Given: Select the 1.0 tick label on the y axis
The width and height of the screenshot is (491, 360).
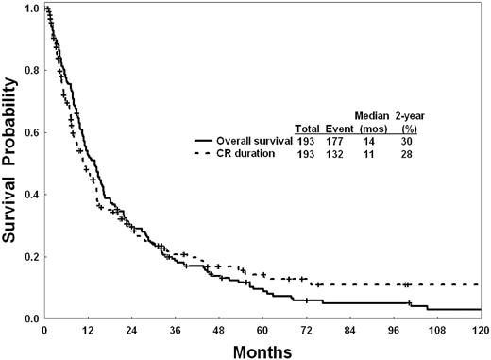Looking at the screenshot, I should click(32, 9).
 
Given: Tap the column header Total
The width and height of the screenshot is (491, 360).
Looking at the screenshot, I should click(307, 129).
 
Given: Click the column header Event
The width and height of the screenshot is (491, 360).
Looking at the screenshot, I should click(340, 129).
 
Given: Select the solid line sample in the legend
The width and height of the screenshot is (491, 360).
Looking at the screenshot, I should click(203, 141).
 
